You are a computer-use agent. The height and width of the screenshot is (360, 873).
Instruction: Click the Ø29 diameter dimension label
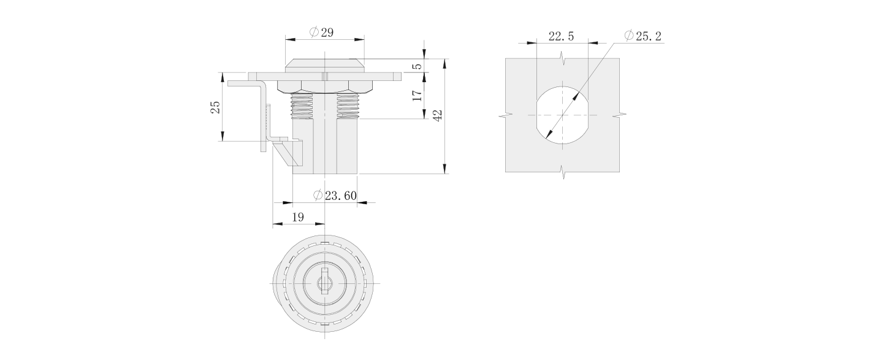tap(322, 33)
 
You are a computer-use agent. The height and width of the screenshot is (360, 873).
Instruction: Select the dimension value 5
tap(417, 65)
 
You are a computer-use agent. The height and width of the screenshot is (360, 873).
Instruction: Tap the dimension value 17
tap(417, 95)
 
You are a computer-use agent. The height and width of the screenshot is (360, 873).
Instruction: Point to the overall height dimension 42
tap(438, 116)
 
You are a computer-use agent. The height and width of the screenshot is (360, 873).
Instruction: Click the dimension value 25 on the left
tap(215, 107)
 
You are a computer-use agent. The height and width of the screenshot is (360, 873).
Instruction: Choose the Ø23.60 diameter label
tap(335, 196)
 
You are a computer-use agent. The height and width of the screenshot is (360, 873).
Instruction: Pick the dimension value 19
tap(298, 217)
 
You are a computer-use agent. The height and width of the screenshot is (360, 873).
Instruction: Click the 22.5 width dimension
tap(561, 37)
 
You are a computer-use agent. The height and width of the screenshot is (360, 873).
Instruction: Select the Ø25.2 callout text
tap(642, 37)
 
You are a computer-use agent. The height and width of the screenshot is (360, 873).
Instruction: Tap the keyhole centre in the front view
tap(324, 283)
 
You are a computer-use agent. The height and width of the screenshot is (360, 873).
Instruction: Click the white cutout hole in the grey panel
tap(562, 115)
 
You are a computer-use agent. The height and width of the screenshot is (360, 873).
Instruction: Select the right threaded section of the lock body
tap(347, 105)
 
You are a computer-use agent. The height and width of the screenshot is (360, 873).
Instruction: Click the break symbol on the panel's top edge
tap(562, 58)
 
